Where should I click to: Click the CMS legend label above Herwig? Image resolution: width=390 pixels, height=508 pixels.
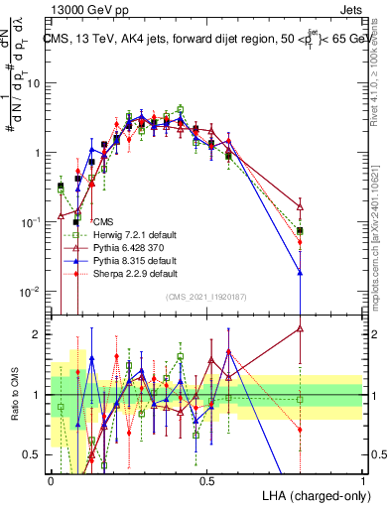point(103,222)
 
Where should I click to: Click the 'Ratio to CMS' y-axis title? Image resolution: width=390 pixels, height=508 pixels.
point(13,395)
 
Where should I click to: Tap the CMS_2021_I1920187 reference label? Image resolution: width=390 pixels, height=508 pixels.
point(206,297)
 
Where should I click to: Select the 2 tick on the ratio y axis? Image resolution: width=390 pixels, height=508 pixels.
point(39,334)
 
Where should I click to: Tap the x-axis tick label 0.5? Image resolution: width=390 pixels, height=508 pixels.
point(206,479)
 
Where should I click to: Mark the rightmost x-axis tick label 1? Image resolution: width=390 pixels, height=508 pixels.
point(362,479)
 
